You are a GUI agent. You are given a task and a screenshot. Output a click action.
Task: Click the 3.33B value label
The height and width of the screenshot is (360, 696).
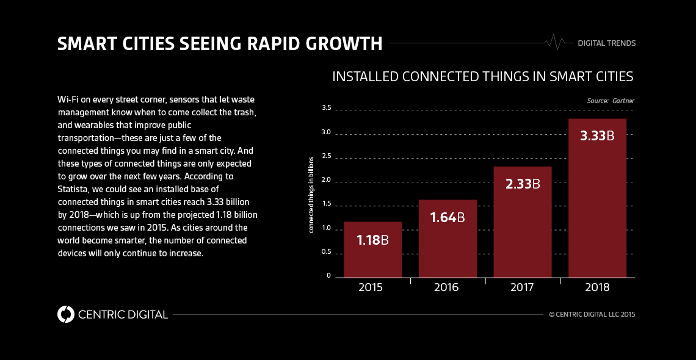[x=597, y=136]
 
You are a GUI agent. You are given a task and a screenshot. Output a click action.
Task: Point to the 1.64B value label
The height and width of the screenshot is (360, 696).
[x=448, y=217]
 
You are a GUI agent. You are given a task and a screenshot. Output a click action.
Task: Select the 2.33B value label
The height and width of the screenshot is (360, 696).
[x=523, y=184]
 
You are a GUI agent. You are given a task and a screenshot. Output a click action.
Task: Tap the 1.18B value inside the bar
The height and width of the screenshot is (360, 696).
[x=372, y=240]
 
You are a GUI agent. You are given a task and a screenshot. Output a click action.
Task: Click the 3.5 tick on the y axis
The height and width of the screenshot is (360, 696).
[x=326, y=108]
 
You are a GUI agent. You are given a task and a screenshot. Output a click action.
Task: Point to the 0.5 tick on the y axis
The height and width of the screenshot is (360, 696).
[x=326, y=251]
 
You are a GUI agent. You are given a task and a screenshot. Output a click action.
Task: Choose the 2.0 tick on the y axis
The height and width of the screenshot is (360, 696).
[x=326, y=180]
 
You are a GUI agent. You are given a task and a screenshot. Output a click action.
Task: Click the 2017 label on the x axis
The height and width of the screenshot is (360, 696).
[x=523, y=287]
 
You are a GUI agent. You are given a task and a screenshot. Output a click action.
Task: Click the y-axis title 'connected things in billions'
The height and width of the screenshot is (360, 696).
[x=311, y=195]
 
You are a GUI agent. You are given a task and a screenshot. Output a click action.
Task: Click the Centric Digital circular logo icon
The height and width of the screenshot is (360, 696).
[x=65, y=314]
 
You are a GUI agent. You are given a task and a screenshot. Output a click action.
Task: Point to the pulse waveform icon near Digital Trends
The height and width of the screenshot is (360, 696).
[x=556, y=43]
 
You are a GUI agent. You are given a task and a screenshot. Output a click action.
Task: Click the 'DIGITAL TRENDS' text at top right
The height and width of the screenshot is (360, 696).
[x=606, y=43]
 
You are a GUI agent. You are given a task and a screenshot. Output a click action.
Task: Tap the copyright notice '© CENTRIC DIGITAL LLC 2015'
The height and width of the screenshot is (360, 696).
[x=592, y=314]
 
